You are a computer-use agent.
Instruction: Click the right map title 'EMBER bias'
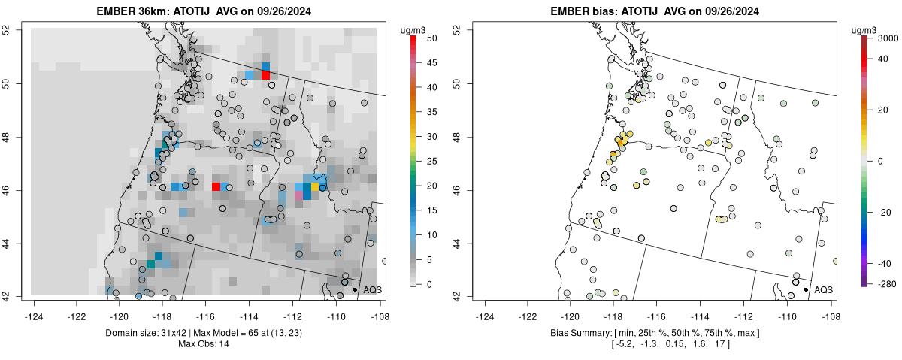click(x=580, y=11)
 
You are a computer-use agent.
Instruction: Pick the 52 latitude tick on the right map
click(x=457, y=29)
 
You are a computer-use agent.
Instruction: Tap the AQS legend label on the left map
click(x=373, y=289)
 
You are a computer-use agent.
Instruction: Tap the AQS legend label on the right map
click(x=824, y=289)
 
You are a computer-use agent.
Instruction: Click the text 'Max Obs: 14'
click(x=204, y=344)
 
